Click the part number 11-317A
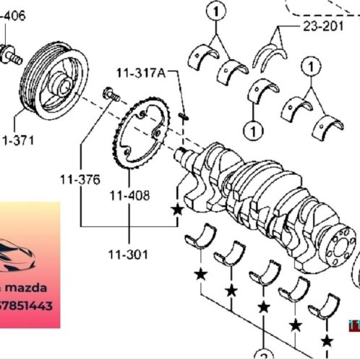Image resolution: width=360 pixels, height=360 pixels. (x=141, y=72)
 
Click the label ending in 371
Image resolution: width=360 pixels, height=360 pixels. (x=17, y=140)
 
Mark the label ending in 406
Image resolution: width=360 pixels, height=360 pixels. (x=13, y=15)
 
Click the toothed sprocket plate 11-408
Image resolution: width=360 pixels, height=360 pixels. (x=144, y=134)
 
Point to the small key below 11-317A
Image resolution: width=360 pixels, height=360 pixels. (x=184, y=116)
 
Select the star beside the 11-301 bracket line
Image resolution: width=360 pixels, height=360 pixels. (x=176, y=210)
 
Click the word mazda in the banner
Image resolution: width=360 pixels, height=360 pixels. (x=36, y=288)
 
